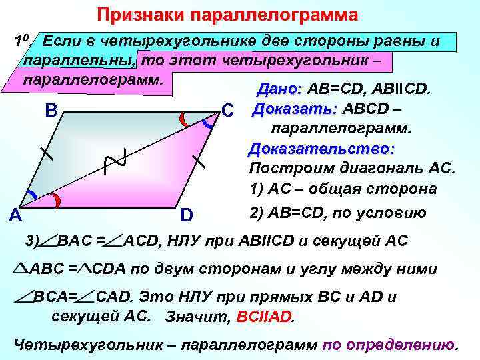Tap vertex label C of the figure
[228, 110]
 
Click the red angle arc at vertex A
[57, 199]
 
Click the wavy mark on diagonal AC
[114, 161]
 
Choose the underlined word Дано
[279, 89]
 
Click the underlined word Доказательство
[321, 147]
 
